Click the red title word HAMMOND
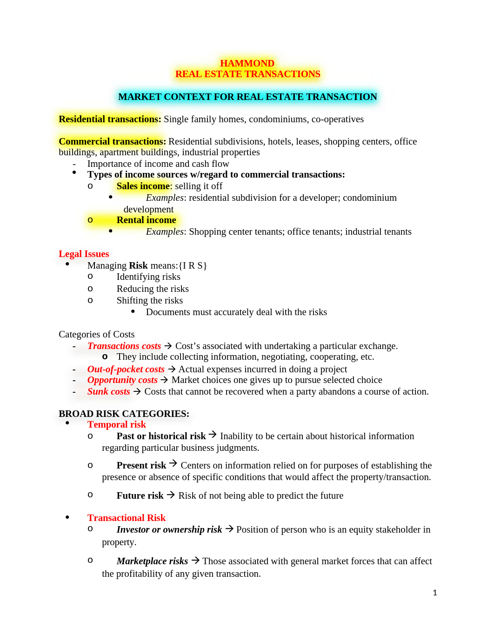(247, 63)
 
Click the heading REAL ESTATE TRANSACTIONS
(247, 74)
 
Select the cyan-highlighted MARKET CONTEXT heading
(247, 97)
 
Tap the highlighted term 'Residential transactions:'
(110, 119)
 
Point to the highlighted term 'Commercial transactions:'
(112, 141)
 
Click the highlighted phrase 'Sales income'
(143, 186)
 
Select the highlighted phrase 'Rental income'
(146, 220)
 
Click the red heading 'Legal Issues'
(84, 254)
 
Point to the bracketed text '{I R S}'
(193, 265)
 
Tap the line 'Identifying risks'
(148, 277)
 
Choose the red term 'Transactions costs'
(124, 346)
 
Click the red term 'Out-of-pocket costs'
(126, 369)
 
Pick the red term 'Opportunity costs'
(122, 380)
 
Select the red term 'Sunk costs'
(109, 391)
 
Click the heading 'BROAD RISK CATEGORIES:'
(124, 414)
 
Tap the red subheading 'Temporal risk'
(116, 424)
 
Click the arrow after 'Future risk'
(171, 495)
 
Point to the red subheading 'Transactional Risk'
(126, 518)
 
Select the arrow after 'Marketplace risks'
(195, 561)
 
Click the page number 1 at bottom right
(435, 593)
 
